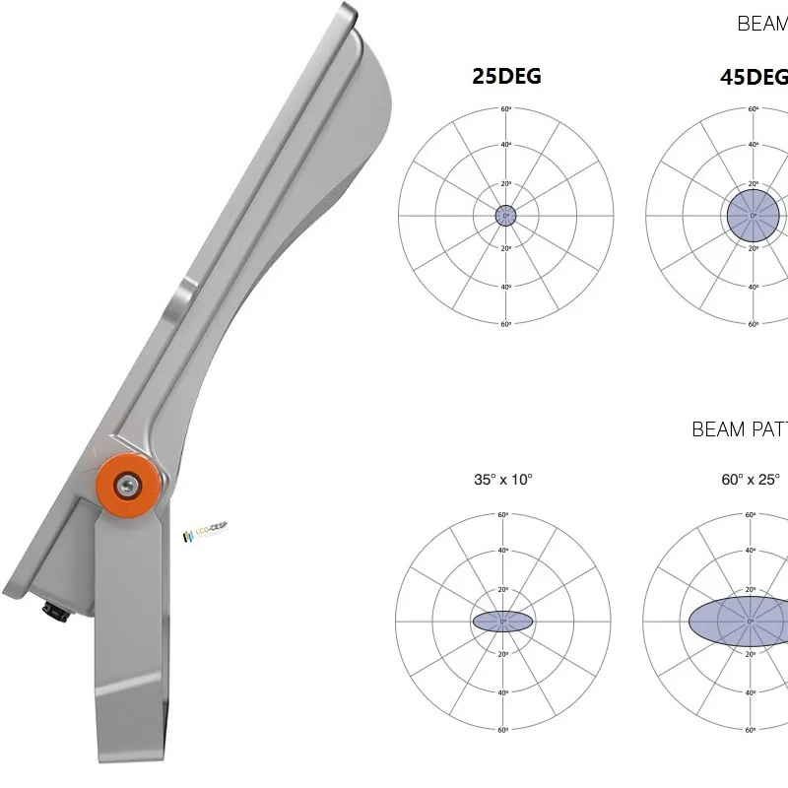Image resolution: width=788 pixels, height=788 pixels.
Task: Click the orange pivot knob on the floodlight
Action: coord(128,484)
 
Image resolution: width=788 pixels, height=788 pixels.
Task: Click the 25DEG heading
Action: coord(506,76)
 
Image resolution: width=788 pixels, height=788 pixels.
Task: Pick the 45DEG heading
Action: coord(754,77)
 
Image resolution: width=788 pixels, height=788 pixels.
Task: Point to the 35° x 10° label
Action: coord(502,480)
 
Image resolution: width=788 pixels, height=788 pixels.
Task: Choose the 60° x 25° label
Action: coord(751,480)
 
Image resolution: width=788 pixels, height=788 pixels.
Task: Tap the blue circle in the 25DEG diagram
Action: coord(506,216)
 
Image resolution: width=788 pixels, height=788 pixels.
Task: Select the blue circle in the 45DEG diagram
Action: coord(754,216)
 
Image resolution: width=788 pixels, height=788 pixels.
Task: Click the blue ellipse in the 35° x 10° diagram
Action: coord(502,621)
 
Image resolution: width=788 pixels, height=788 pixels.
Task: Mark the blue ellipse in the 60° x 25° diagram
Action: coord(739,621)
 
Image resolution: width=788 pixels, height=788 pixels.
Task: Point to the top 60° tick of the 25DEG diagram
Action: coord(506,109)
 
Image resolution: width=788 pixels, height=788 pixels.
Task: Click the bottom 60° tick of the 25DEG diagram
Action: coord(506,324)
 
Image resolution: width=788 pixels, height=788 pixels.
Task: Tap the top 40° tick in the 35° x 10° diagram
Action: coord(502,551)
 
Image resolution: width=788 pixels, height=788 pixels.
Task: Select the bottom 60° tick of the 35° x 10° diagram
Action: coord(502,730)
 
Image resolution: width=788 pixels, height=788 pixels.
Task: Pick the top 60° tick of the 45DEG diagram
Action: coord(754,109)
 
